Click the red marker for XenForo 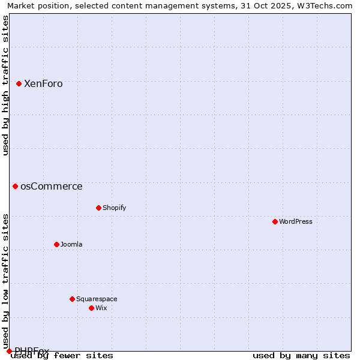click(19, 83)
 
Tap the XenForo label click(43, 84)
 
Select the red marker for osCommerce click(15, 186)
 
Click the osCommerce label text click(51, 187)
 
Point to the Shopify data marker click(98, 208)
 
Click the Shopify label click(114, 208)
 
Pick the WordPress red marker click(275, 221)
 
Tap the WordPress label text click(295, 222)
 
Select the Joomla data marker click(56, 244)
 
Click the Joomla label click(71, 245)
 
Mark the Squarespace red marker click(72, 299)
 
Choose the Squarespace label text click(97, 299)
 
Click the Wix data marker click(91, 308)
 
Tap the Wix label click(101, 308)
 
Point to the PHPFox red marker click(9, 351)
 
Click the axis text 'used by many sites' click(301, 356)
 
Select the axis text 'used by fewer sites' click(62, 356)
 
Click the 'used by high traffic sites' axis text click(5, 85)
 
